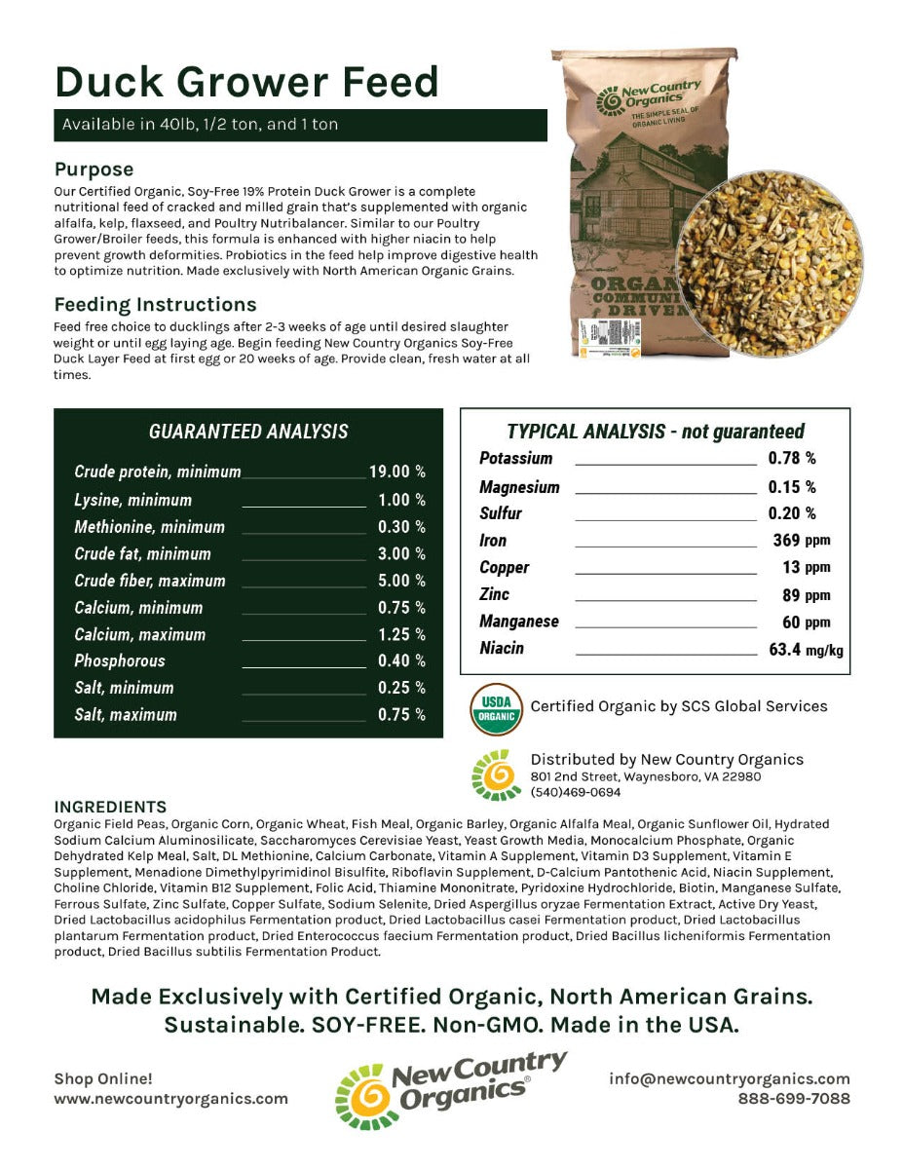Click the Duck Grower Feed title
tap(246, 83)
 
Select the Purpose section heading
tap(94, 170)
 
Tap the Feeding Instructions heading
tap(155, 304)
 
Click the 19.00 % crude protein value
tap(396, 471)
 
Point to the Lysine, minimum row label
tap(132, 500)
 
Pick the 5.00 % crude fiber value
tap(401, 581)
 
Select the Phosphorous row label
tap(120, 660)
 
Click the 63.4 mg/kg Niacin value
tap(806, 649)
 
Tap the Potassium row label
tap(515, 458)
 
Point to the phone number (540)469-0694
tap(575, 792)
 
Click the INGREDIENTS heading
tap(110, 807)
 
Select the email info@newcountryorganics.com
tap(729, 1078)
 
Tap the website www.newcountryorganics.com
tap(170, 1098)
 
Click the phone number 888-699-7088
tap(793, 1098)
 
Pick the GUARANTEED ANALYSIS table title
tap(248, 432)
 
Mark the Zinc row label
tap(494, 594)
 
